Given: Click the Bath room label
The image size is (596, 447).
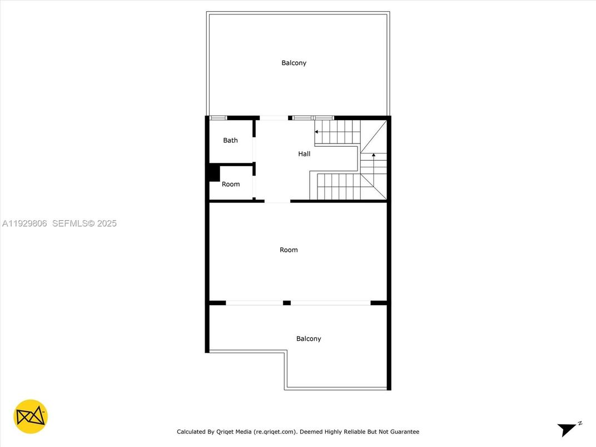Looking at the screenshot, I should (x=230, y=140).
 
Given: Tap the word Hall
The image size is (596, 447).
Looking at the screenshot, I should (x=304, y=154).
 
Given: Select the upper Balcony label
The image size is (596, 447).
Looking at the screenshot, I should (x=294, y=63).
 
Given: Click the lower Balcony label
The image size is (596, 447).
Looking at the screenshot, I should (x=309, y=339).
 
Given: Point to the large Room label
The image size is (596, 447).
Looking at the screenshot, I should (x=289, y=250).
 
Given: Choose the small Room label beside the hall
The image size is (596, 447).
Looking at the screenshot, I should (x=231, y=184).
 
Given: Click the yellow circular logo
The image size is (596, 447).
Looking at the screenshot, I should (x=31, y=416).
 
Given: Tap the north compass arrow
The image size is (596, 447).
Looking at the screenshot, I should (x=568, y=429).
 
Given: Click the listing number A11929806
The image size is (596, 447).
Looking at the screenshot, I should (x=24, y=223).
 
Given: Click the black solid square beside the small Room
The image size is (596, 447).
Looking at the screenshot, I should (x=213, y=173).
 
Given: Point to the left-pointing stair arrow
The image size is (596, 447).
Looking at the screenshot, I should (x=316, y=132).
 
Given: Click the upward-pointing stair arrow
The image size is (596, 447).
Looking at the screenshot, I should (x=374, y=155).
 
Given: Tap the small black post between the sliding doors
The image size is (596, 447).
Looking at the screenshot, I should (x=287, y=302).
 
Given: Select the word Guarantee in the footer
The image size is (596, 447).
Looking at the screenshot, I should (x=404, y=431).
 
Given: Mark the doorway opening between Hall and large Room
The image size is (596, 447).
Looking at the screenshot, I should (x=277, y=201).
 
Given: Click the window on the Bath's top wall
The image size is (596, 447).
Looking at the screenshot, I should (x=218, y=117).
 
